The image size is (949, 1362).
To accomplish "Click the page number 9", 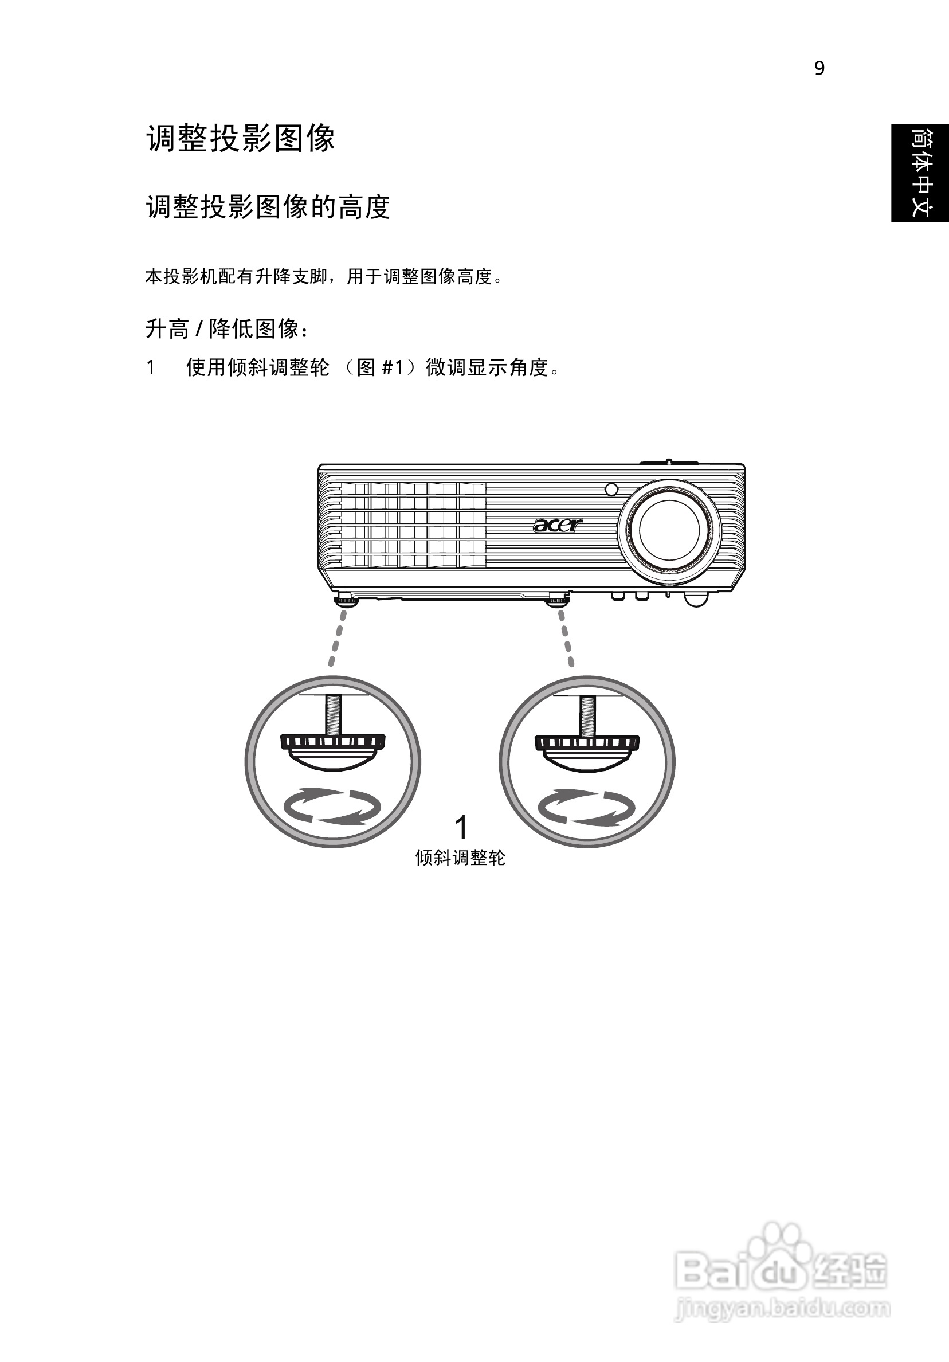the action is tap(819, 69).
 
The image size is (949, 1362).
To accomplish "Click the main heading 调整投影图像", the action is tap(240, 139).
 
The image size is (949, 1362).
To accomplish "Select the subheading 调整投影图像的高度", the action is tap(268, 208).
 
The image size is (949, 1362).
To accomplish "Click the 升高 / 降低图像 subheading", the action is tap(227, 328).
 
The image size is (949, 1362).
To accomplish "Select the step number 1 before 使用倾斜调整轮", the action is tap(151, 368).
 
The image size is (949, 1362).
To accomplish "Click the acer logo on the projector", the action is tap(558, 525).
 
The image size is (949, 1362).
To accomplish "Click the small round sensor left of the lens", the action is tap(611, 490).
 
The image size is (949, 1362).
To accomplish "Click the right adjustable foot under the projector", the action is tap(557, 600).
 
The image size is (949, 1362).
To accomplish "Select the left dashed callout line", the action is tap(337, 637).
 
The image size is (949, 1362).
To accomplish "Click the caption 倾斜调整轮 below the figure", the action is tap(460, 858).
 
